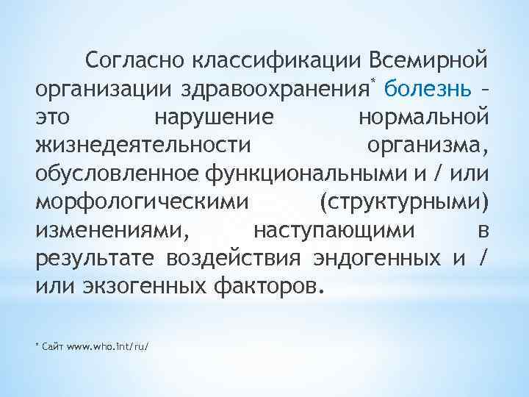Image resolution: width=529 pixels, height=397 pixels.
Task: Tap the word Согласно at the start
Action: pos(134,58)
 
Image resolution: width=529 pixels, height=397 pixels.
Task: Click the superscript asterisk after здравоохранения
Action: pos(373,79)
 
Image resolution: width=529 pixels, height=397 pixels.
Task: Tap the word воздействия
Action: pos(234,259)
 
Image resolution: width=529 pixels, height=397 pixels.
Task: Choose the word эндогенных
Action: pos(377,259)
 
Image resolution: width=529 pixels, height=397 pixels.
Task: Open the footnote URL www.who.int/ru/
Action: pos(107,345)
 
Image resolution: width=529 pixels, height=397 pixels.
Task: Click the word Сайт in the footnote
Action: pos(52,345)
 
